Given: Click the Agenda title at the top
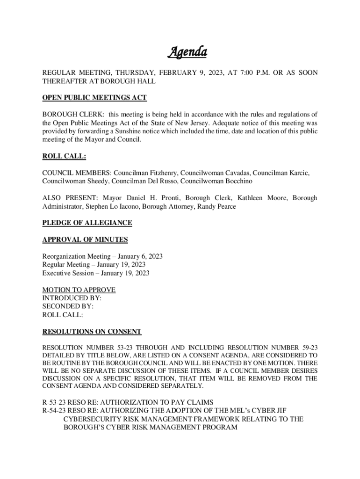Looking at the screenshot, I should pyautogui.click(x=187, y=52).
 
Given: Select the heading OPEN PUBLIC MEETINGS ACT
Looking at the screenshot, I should pyautogui.click(x=94, y=98).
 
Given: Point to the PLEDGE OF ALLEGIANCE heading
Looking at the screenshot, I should pyautogui.click(x=87, y=223).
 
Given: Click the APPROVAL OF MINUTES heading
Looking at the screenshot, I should pyautogui.click(x=85, y=240).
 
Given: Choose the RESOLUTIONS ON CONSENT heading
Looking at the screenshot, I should pyautogui.click(x=92, y=332).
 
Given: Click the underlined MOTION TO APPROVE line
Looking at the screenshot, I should pyautogui.click(x=79, y=290).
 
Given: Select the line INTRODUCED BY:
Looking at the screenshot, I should pyautogui.click(x=72, y=298).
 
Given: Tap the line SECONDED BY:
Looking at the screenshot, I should pyautogui.click(x=68, y=306).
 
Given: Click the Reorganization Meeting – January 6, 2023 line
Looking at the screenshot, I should pyautogui.click(x=102, y=256).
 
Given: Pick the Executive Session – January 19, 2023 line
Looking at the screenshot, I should pyautogui.click(x=96, y=273).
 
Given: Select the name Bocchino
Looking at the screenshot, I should pyautogui.click(x=240, y=181).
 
